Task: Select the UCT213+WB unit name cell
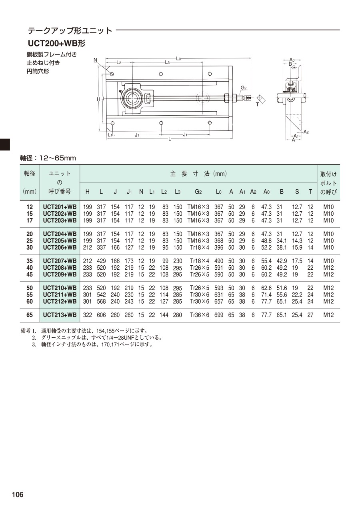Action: (x=60, y=315)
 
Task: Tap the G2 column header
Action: (x=198, y=192)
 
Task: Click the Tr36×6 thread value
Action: (x=200, y=315)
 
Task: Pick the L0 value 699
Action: (x=219, y=315)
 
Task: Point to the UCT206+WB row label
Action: (x=60, y=247)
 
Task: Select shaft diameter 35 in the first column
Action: (x=30, y=261)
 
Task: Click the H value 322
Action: (x=88, y=315)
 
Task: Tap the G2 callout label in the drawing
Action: (x=244, y=88)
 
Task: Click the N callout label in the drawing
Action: (x=95, y=60)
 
